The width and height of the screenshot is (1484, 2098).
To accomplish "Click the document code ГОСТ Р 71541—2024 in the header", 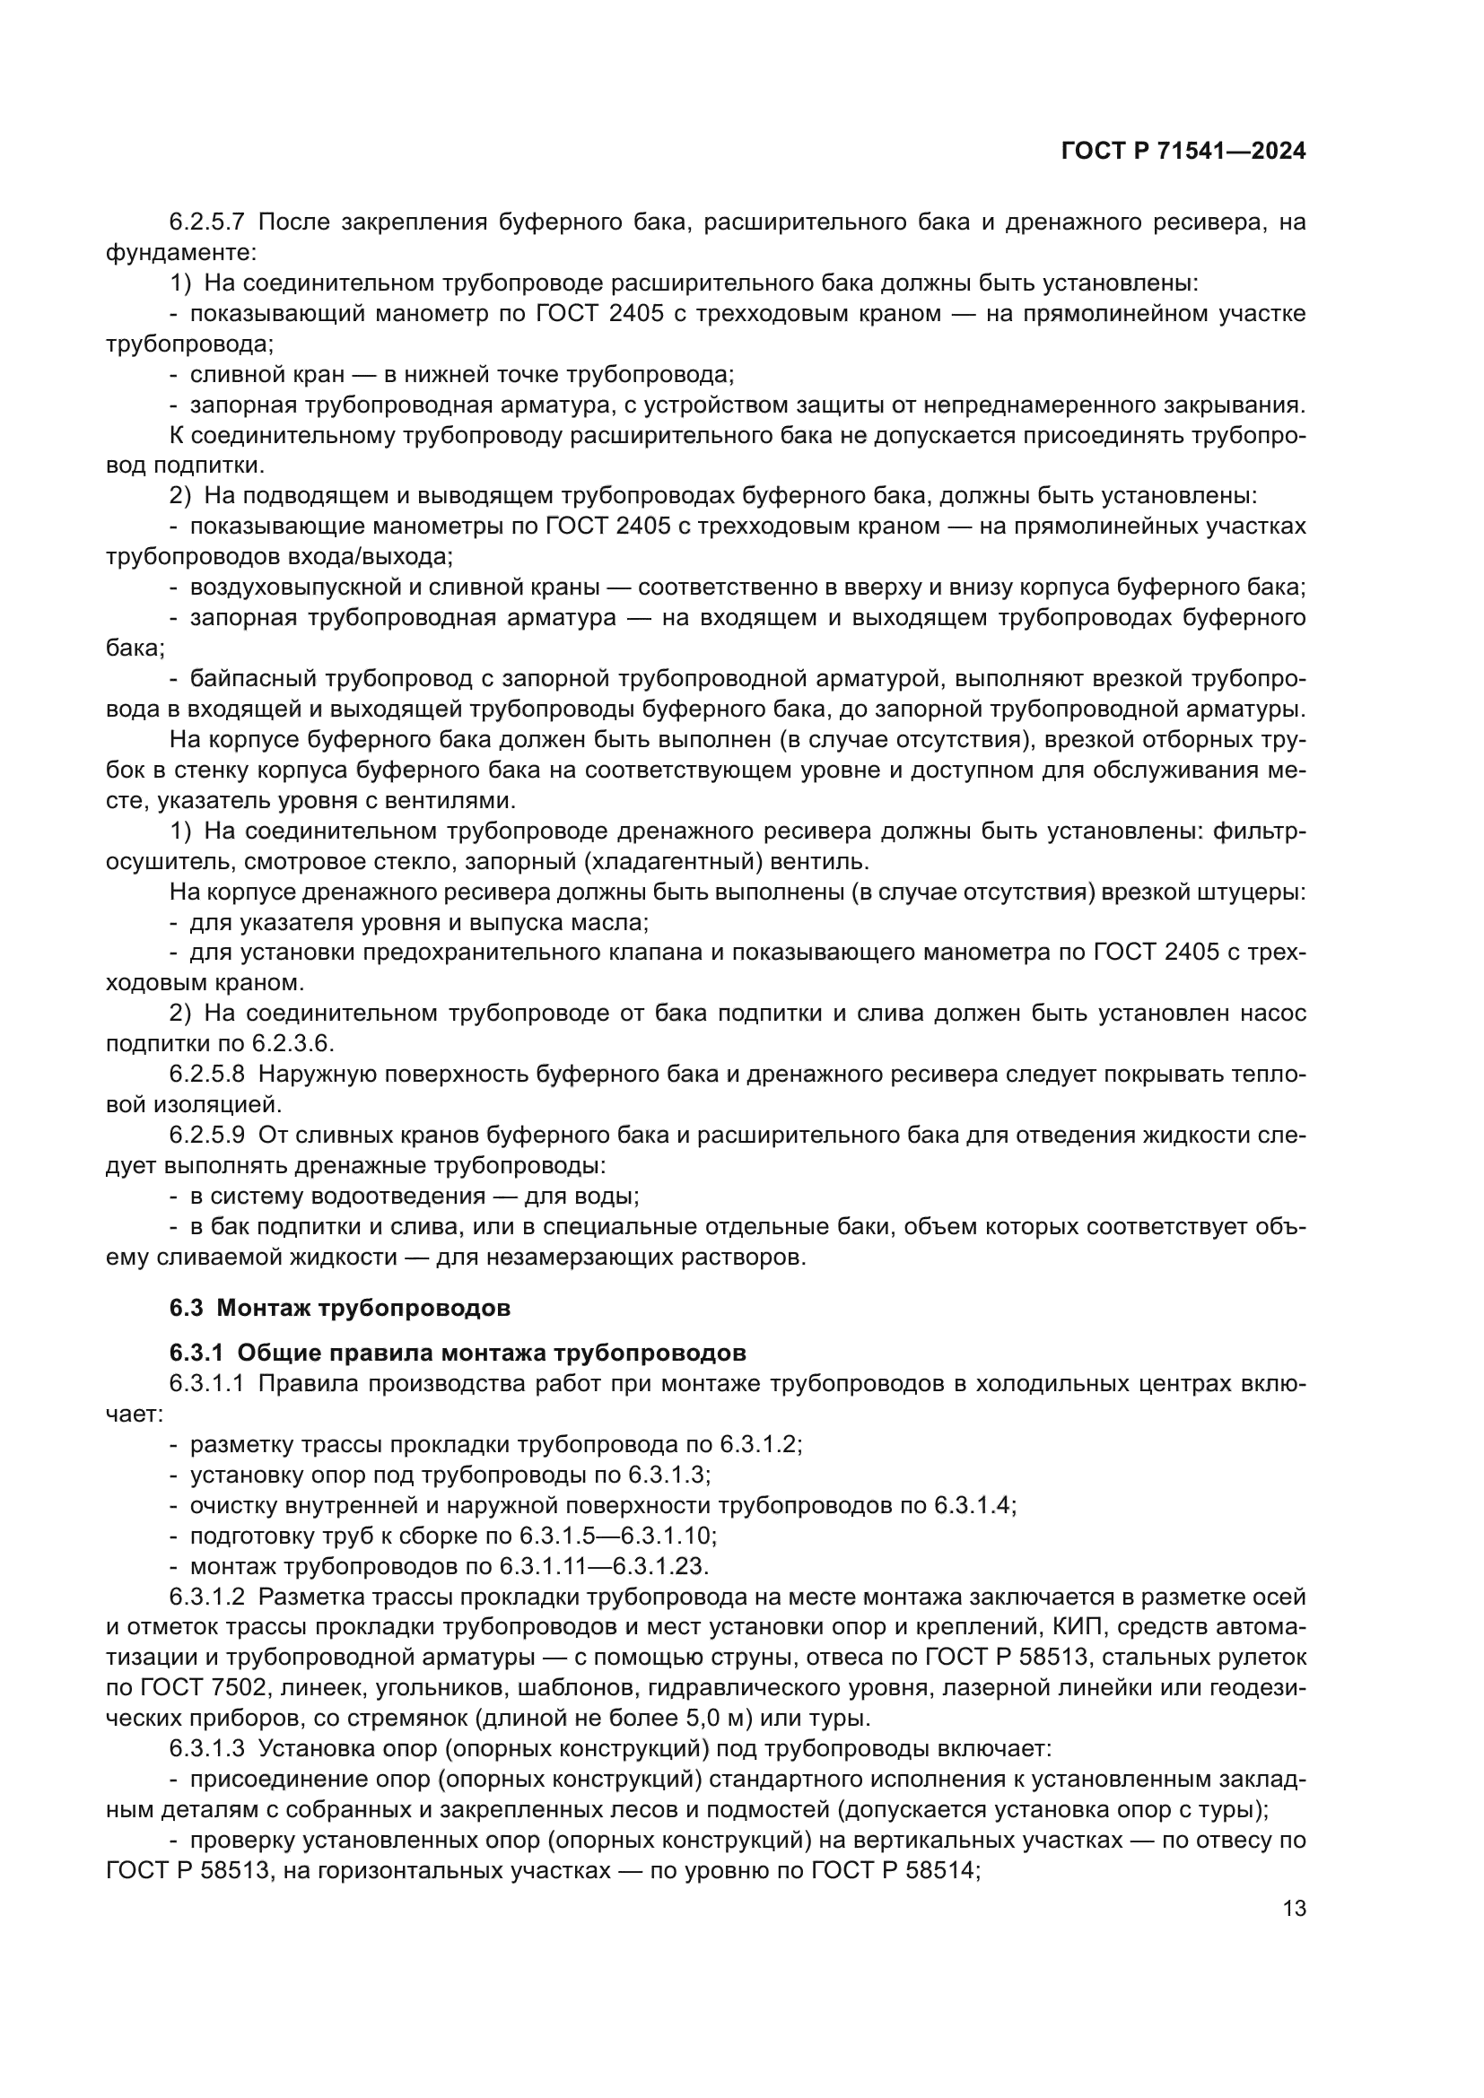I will (1183, 152).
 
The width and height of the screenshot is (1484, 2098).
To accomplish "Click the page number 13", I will (1294, 1908).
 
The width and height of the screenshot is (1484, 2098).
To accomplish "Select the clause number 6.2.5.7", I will (206, 222).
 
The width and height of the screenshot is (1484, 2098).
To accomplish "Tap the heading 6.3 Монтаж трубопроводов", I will (339, 1308).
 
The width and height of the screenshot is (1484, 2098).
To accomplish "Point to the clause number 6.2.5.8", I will (206, 1074).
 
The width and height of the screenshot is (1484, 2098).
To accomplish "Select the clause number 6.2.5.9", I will (206, 1135).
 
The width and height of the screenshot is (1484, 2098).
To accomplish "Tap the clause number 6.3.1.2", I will (206, 1597).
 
